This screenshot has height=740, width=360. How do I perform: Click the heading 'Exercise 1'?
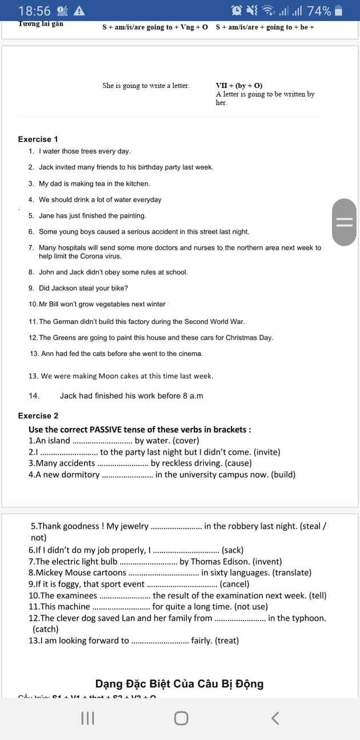[x=38, y=139]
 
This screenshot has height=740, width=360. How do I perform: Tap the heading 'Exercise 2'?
[x=38, y=416]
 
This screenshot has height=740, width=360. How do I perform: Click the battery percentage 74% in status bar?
[x=319, y=11]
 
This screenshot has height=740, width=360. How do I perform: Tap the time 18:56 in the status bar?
[x=34, y=11]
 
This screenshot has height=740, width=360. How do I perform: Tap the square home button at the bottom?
[x=181, y=718]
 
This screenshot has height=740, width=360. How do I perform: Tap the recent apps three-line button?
[x=87, y=718]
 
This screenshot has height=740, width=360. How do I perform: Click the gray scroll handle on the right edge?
[x=344, y=222]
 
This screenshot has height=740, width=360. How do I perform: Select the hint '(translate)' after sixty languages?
[x=291, y=573]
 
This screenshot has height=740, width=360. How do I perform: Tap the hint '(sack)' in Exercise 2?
[x=232, y=550]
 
